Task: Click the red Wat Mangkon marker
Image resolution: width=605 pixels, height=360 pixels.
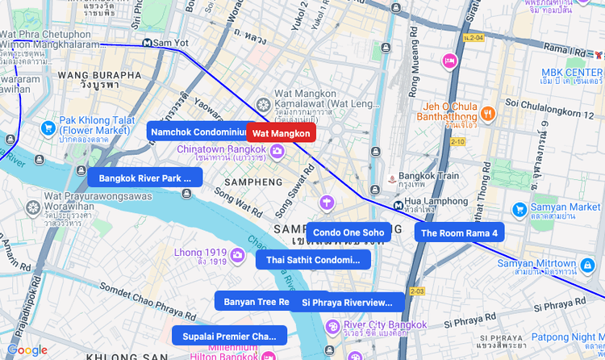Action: click(281, 133)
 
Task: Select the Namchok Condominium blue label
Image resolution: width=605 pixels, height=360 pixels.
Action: click(197, 132)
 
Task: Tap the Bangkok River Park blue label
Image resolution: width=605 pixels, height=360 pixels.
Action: click(145, 178)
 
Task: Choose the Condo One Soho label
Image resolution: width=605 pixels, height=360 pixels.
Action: click(348, 232)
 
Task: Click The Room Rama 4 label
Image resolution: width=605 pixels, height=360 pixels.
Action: click(459, 232)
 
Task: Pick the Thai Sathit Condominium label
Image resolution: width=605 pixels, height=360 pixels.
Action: click(313, 260)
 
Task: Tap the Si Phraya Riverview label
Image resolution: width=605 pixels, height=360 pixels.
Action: click(347, 302)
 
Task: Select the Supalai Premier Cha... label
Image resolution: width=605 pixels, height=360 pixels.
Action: click(229, 336)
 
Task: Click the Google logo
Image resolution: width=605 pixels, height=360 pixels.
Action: click(27, 350)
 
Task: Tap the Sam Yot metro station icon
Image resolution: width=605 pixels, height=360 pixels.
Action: click(147, 43)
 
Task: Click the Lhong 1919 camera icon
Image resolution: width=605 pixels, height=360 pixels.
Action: click(237, 255)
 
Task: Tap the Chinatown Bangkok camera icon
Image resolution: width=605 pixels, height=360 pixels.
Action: click(277, 151)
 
